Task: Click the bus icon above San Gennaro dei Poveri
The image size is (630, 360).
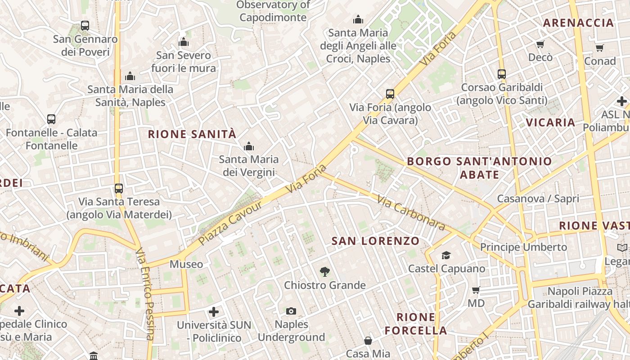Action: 85,26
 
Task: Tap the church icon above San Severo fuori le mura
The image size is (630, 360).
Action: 184,42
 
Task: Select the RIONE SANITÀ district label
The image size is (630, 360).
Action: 192,134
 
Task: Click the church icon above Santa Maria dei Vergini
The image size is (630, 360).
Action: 248,146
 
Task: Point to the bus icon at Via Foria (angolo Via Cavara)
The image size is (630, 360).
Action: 390,94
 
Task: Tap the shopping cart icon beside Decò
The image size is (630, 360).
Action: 540,44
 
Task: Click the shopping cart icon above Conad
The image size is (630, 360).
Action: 599,48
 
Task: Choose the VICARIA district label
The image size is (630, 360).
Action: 550,122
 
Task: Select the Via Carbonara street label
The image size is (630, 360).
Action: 410,212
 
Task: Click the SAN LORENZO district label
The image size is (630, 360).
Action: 375,241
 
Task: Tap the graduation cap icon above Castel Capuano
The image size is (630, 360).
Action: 446,255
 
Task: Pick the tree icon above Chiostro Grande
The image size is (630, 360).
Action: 324,271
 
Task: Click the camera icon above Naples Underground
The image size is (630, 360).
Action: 291,311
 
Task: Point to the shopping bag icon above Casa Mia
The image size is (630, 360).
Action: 368,341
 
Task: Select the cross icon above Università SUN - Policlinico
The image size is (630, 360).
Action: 214,311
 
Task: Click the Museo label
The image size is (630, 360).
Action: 186,264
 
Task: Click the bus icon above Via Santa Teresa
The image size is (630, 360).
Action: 119,189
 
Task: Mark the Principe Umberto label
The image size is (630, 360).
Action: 523,247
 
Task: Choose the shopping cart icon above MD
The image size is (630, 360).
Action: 476,290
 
